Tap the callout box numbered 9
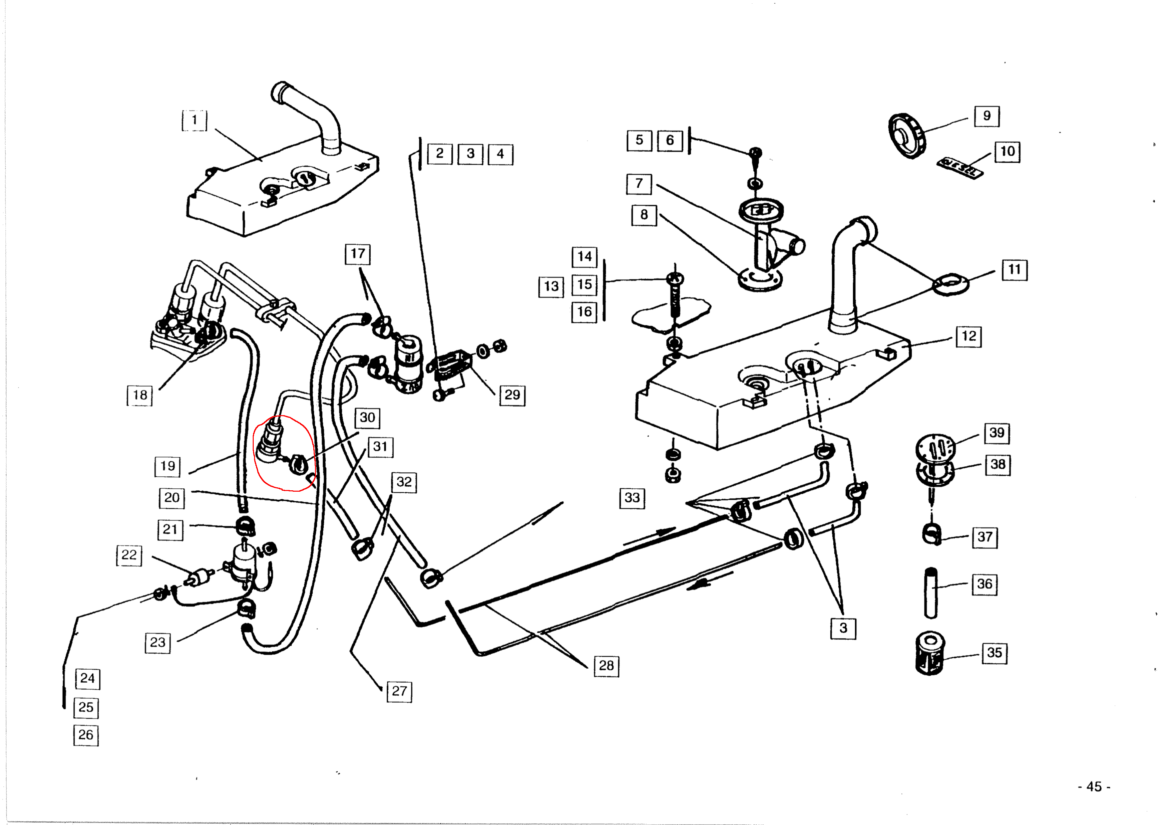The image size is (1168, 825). (x=987, y=116)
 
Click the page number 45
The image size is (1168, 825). (x=1094, y=787)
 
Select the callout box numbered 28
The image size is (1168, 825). (x=606, y=665)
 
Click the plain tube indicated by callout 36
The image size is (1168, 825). (x=930, y=593)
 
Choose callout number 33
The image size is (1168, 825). (x=632, y=498)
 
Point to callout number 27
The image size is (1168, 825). (x=399, y=691)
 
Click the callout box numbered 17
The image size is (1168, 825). (x=358, y=253)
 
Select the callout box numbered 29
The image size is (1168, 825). (x=512, y=395)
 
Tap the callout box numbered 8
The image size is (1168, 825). (x=644, y=215)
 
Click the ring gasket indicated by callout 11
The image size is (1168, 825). (x=950, y=284)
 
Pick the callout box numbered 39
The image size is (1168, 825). (x=997, y=433)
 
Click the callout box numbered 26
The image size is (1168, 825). (x=86, y=735)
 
